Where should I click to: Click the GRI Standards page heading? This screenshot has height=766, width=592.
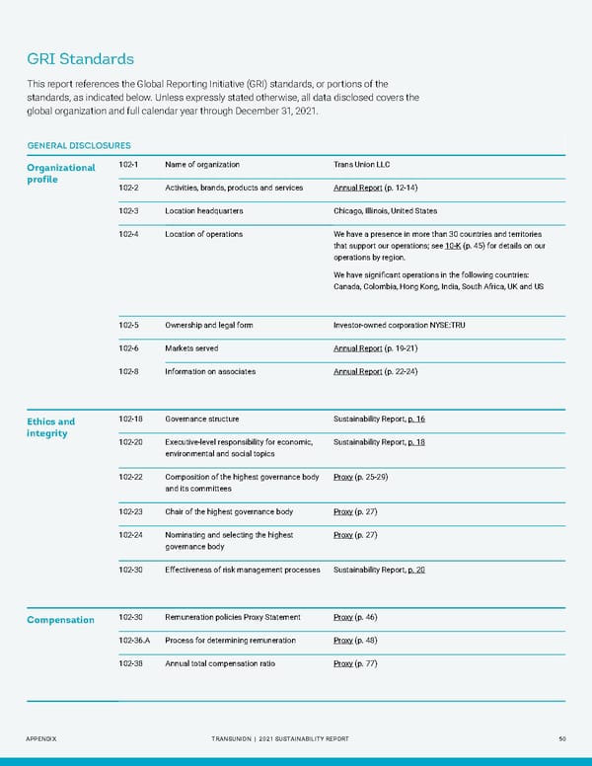click(x=80, y=59)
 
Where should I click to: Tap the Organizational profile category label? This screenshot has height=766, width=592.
click(x=60, y=173)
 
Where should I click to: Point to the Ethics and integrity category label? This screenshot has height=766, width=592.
click(x=50, y=427)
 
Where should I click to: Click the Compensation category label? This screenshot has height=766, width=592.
click(x=60, y=620)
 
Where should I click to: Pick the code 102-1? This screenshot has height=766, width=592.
click(x=127, y=164)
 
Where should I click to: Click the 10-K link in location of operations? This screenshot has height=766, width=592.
click(x=453, y=246)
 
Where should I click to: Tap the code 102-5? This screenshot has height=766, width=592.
click(x=128, y=325)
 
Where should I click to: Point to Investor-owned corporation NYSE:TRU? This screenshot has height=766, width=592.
click(x=399, y=325)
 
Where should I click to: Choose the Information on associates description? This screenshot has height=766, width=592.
click(x=210, y=372)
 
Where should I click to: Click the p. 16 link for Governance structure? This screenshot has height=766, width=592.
click(x=415, y=420)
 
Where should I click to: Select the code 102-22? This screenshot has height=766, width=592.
click(x=129, y=478)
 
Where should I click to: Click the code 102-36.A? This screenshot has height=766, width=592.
click(x=135, y=640)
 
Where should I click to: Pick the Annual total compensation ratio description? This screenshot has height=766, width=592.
click(x=220, y=663)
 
